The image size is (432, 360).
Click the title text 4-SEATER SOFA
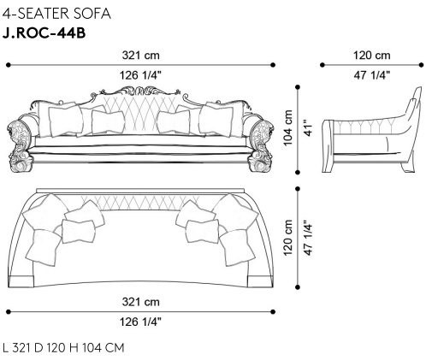[x=56, y=14]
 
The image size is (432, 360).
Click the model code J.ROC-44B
[x=44, y=33]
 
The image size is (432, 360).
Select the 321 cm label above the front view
[x=140, y=55]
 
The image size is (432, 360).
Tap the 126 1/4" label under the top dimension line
[x=140, y=75]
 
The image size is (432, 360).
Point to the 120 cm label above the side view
[x=372, y=55]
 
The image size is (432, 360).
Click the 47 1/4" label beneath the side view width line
[x=372, y=75]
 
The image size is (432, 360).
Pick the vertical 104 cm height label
[x=288, y=127]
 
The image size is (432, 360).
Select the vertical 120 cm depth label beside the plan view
[x=288, y=238]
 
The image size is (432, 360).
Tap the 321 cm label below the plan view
[x=140, y=302]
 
